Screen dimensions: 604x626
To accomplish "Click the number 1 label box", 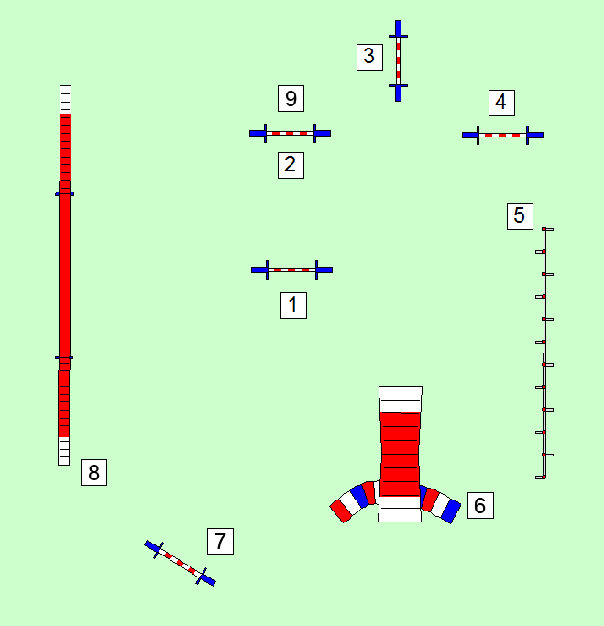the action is pyautogui.click(x=293, y=305).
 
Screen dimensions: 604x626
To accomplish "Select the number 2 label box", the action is pyautogui.click(x=291, y=165).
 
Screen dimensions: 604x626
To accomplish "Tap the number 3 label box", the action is pyautogui.click(x=369, y=56).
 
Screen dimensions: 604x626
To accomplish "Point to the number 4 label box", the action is pyautogui.click(x=500, y=102).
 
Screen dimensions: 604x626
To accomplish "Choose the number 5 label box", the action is pyautogui.click(x=520, y=216).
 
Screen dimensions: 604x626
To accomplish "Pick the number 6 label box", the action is pyautogui.click(x=480, y=504).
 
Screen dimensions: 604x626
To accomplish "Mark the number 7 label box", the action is pyautogui.click(x=220, y=541).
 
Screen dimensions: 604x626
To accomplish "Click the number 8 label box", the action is pyautogui.click(x=93, y=472).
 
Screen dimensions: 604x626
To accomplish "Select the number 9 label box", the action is pyautogui.click(x=291, y=98).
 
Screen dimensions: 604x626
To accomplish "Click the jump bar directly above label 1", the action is pyautogui.click(x=291, y=269).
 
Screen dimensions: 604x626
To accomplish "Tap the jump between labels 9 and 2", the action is pyautogui.click(x=290, y=133).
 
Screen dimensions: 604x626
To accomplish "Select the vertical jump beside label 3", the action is pyautogui.click(x=398, y=60).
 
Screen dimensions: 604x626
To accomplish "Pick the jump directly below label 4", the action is pyautogui.click(x=502, y=135).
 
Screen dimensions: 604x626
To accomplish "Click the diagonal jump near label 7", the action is pyautogui.click(x=180, y=562).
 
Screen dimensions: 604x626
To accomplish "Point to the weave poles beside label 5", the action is pyautogui.click(x=544, y=353).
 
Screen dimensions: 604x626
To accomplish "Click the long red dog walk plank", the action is pyautogui.click(x=64, y=275).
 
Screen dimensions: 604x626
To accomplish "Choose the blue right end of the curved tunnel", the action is pyautogui.click(x=450, y=511).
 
